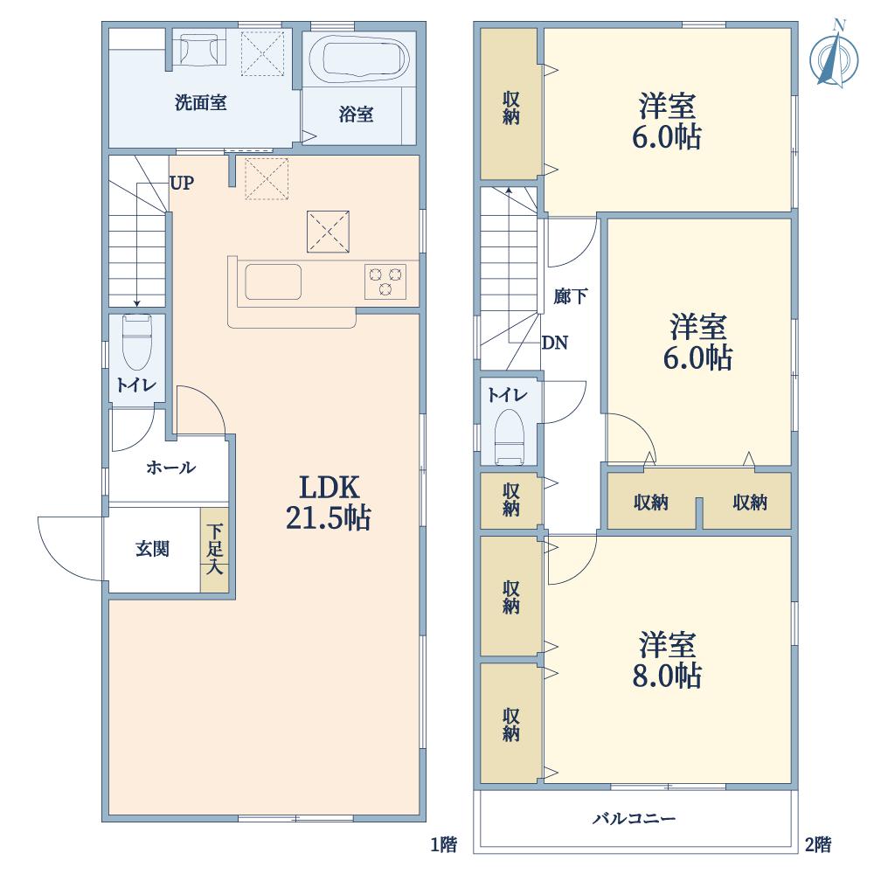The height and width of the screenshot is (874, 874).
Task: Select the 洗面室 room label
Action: pyautogui.click(x=200, y=103)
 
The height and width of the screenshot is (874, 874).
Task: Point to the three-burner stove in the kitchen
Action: pyautogui.click(x=385, y=281)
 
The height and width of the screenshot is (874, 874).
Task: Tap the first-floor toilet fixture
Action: pyautogui.click(x=137, y=343)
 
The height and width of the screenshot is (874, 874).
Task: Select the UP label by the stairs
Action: pyautogui.click(x=182, y=184)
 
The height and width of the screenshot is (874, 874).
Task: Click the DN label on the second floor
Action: pyautogui.click(x=554, y=343)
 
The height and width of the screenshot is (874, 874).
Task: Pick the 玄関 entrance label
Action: pyautogui.click(x=152, y=550)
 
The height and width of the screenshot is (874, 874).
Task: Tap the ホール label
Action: pyautogui.click(x=170, y=468)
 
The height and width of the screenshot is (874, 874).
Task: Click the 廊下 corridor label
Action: pyautogui.click(x=570, y=297)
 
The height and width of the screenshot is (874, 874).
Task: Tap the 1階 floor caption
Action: pyautogui.click(x=443, y=845)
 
